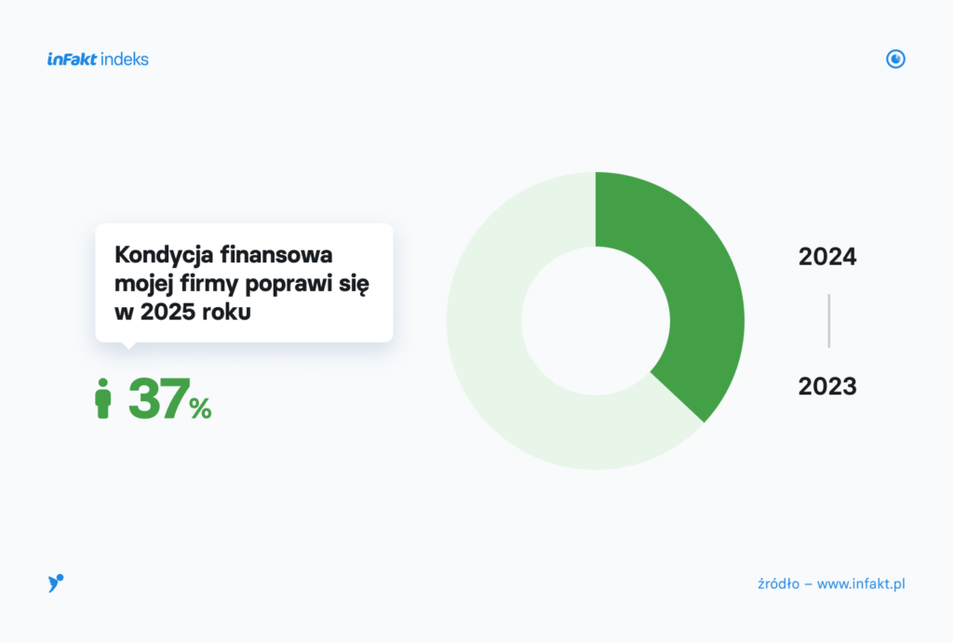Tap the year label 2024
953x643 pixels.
[827, 257]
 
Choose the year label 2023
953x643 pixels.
[827, 386]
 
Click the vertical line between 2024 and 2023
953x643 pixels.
[829, 321]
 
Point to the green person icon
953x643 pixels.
[103, 398]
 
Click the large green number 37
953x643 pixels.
[158, 398]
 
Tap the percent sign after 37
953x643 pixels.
[200, 408]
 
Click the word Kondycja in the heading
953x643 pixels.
[163, 255]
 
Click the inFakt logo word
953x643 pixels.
[72, 59]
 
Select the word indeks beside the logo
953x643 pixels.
[124, 59]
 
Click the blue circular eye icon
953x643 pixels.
[895, 59]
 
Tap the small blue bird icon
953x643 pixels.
[55, 583]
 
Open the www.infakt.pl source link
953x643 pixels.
[861, 584]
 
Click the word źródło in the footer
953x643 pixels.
[779, 584]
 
